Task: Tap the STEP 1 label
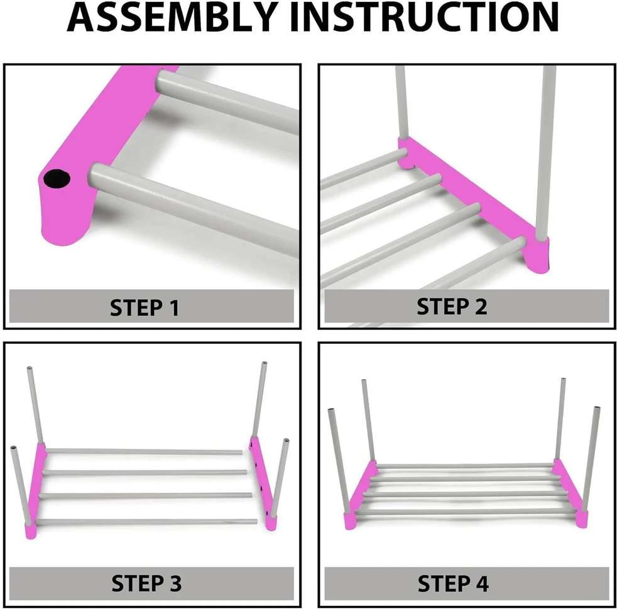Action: pyautogui.click(x=145, y=308)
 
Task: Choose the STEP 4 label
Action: pyautogui.click(x=452, y=583)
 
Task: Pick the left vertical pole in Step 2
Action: pyautogui.click(x=400, y=101)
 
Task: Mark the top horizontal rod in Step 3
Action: pyautogui.click(x=145, y=451)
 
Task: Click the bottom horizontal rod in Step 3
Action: pyautogui.click(x=145, y=521)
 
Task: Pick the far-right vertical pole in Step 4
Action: pyautogui.click(x=591, y=459)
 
